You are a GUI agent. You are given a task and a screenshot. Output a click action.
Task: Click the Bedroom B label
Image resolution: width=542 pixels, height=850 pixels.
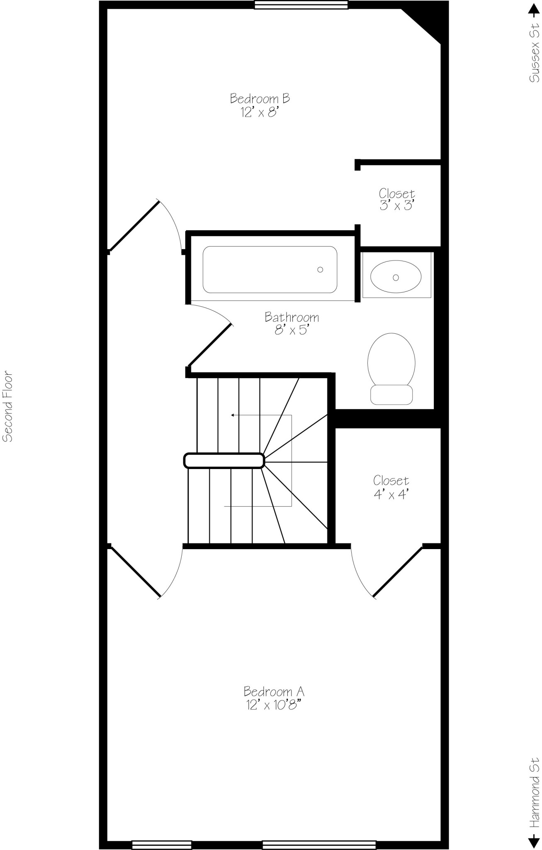tap(260, 99)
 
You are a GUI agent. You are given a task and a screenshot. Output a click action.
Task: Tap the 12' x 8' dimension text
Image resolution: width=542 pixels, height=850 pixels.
tap(259, 112)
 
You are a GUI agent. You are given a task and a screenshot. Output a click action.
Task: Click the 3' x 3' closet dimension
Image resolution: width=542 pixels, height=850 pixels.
tap(397, 205)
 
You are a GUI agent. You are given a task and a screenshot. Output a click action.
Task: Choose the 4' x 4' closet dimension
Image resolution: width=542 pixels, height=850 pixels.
tap(391, 494)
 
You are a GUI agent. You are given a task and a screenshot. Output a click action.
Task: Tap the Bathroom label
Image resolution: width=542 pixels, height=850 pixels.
tap(292, 318)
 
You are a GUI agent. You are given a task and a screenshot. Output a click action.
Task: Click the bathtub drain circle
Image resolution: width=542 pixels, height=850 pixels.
tap(320, 270)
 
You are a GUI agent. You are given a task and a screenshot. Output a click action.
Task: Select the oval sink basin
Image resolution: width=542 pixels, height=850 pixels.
tap(396, 276)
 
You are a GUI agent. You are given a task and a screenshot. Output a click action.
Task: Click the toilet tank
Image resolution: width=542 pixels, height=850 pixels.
tap(391, 395)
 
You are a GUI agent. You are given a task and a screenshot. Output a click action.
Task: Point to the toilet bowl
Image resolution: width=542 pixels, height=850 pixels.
tap(391, 359)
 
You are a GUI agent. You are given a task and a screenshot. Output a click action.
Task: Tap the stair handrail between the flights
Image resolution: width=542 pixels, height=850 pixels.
tap(224, 461)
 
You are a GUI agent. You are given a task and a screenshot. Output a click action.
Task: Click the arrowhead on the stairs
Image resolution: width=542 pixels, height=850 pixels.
tap(233, 415)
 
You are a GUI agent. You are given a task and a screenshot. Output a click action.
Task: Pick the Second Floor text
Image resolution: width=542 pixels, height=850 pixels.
tap(8, 406)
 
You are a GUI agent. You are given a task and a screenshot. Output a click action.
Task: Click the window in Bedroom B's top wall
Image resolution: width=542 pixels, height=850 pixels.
tap(301, 5)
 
